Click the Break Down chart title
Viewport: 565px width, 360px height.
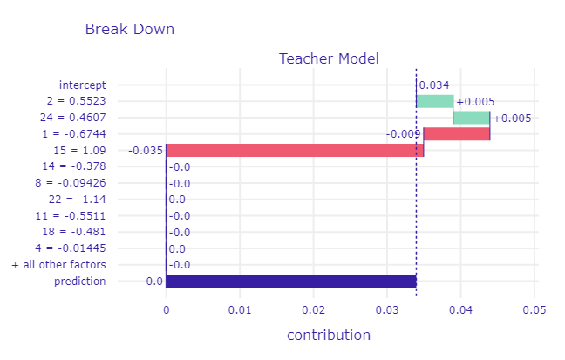(x=130, y=29)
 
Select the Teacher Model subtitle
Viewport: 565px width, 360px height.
(x=329, y=59)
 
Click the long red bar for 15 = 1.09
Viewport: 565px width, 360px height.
(x=295, y=150)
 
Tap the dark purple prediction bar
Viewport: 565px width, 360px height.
(x=290, y=281)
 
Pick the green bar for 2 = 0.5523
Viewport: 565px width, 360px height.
(x=434, y=101)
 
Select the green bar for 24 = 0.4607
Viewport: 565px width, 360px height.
(x=472, y=118)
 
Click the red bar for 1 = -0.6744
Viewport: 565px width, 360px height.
(x=457, y=133)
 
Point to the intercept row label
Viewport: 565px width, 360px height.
(x=82, y=85)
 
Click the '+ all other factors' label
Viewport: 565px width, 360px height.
(x=58, y=264)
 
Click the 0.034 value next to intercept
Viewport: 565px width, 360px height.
(x=434, y=85)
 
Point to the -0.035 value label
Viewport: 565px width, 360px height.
(x=145, y=151)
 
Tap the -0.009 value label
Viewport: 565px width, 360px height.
(x=404, y=134)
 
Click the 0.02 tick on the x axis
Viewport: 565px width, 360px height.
(x=313, y=309)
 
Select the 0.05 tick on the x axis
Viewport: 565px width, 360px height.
(x=534, y=309)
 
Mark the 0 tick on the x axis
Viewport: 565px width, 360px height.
(x=166, y=309)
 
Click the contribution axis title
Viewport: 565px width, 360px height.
(x=328, y=336)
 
